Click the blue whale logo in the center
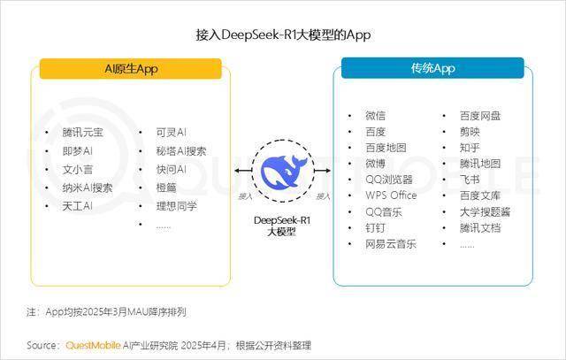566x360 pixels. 283,171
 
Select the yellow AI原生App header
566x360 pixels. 131,69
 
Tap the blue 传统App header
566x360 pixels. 432,68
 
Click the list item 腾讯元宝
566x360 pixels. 82,132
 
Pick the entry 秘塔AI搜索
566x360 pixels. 181,151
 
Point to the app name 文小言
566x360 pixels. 78,169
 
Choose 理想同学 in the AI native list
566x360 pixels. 177,206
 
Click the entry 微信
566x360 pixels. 375,116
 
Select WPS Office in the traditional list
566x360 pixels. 391,195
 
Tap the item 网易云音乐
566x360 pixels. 391,244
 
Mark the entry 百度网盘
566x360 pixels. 480,116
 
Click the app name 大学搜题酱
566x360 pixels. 485,212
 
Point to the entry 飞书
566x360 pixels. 470,180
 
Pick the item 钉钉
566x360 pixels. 375,228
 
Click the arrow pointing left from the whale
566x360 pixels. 243,171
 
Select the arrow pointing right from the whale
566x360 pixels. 322,171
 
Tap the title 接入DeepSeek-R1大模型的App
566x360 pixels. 283,35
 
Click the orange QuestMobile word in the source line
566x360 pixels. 93,345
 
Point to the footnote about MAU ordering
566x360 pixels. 106,312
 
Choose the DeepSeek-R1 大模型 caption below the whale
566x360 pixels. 282,226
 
